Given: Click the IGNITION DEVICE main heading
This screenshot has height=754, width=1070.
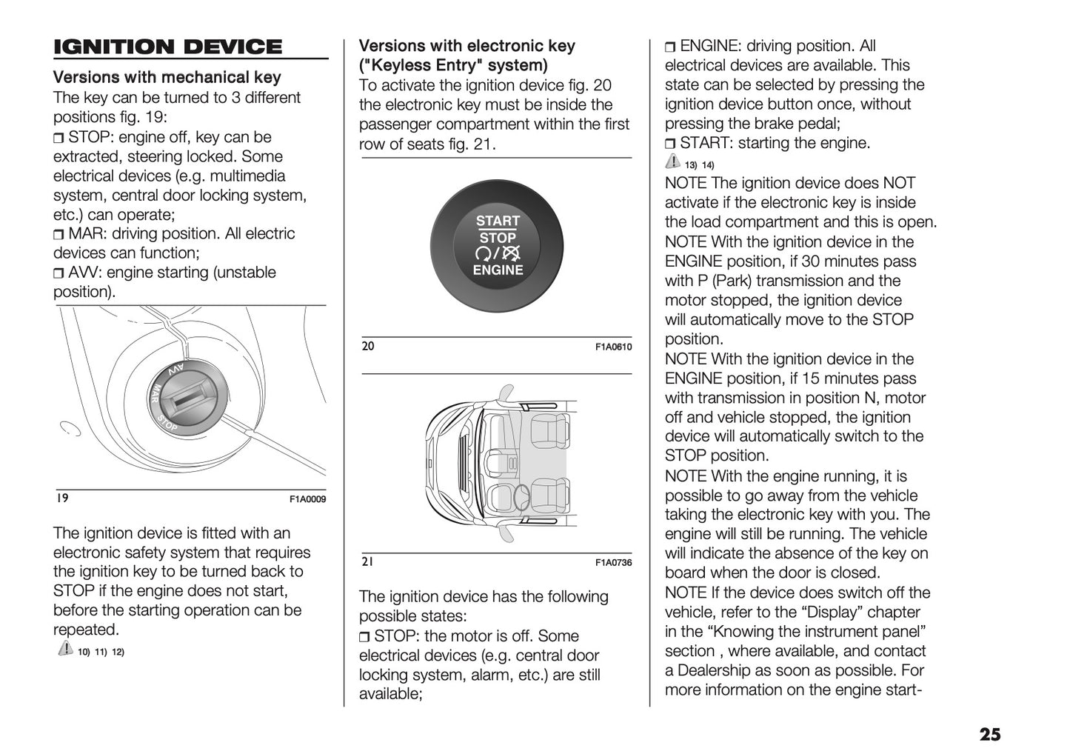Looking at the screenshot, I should tap(167, 47).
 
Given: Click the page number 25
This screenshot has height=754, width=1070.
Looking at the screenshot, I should tap(989, 734).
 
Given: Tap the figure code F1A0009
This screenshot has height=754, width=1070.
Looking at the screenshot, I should tap(307, 499).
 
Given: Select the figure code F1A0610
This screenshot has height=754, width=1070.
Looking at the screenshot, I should tap(613, 347).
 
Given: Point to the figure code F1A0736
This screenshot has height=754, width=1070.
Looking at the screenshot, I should tap(613, 563).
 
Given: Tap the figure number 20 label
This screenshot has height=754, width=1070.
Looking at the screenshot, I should tap(368, 346).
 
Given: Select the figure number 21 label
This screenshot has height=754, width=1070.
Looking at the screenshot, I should tap(367, 562).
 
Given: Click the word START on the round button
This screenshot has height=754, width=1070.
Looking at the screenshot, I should tap(498, 221).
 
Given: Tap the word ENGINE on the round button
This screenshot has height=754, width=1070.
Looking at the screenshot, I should tap(498, 270).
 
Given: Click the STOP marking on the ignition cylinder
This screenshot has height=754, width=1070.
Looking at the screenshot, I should tap(167, 424).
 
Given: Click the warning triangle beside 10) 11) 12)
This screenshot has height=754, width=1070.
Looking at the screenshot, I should tap(64, 650).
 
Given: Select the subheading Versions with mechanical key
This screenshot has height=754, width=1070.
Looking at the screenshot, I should tap(167, 78).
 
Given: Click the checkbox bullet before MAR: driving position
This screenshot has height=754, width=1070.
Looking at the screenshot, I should tap(59, 235).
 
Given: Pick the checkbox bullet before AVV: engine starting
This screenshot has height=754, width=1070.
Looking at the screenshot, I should tap(59, 273).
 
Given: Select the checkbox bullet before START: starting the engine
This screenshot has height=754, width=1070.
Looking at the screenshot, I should tap(670, 144).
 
